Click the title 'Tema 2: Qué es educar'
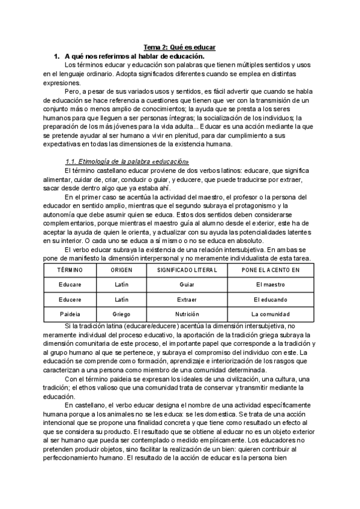click(x=179, y=47)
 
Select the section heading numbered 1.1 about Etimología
click(x=127, y=162)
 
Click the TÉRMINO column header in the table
click(x=70, y=271)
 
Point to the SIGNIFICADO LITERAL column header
click(x=187, y=271)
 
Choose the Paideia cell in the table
click(x=70, y=314)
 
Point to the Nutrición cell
click(x=187, y=314)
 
